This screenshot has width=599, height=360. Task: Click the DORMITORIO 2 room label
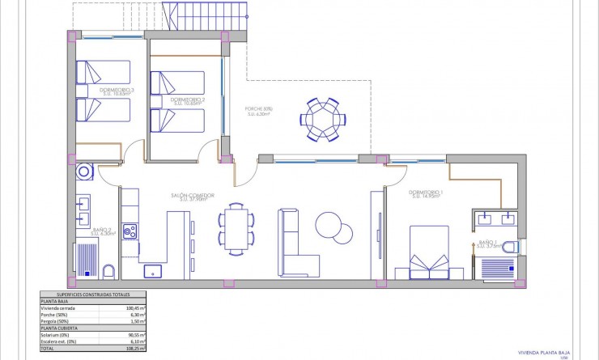tap(186, 100)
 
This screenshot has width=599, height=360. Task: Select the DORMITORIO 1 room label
tap(425, 192)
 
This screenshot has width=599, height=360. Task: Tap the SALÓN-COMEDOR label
tap(191, 195)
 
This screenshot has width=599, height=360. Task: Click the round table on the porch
tap(324, 119)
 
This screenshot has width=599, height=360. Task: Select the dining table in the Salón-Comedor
tap(236, 228)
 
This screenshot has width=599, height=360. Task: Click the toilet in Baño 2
tap(109, 270)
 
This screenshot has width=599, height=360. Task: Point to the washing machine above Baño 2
tap(84, 173)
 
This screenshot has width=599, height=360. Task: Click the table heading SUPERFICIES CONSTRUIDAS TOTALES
tap(93, 294)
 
